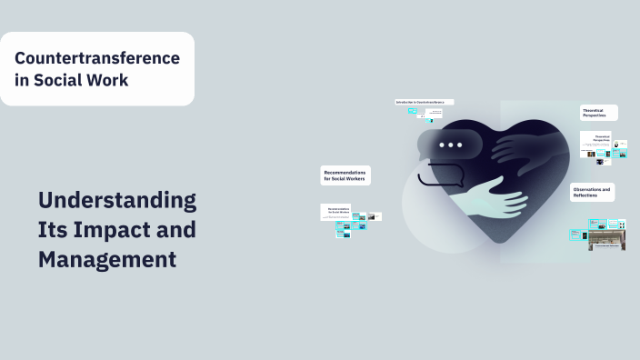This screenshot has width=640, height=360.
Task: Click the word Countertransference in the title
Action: (97, 57)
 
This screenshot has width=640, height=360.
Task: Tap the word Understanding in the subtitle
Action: (117, 200)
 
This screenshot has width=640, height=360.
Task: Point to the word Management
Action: (107, 259)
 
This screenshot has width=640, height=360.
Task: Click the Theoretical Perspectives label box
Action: (599, 113)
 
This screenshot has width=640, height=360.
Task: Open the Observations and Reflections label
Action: (593, 192)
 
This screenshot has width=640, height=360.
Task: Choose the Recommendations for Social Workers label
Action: (346, 175)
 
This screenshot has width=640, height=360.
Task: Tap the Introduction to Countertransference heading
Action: (424, 102)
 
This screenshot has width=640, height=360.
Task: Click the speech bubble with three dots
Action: (450, 145)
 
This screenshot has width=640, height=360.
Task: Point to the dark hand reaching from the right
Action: (523, 146)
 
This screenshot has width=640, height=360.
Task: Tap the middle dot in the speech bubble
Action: (450, 145)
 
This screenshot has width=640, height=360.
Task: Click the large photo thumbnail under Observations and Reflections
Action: (606, 238)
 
